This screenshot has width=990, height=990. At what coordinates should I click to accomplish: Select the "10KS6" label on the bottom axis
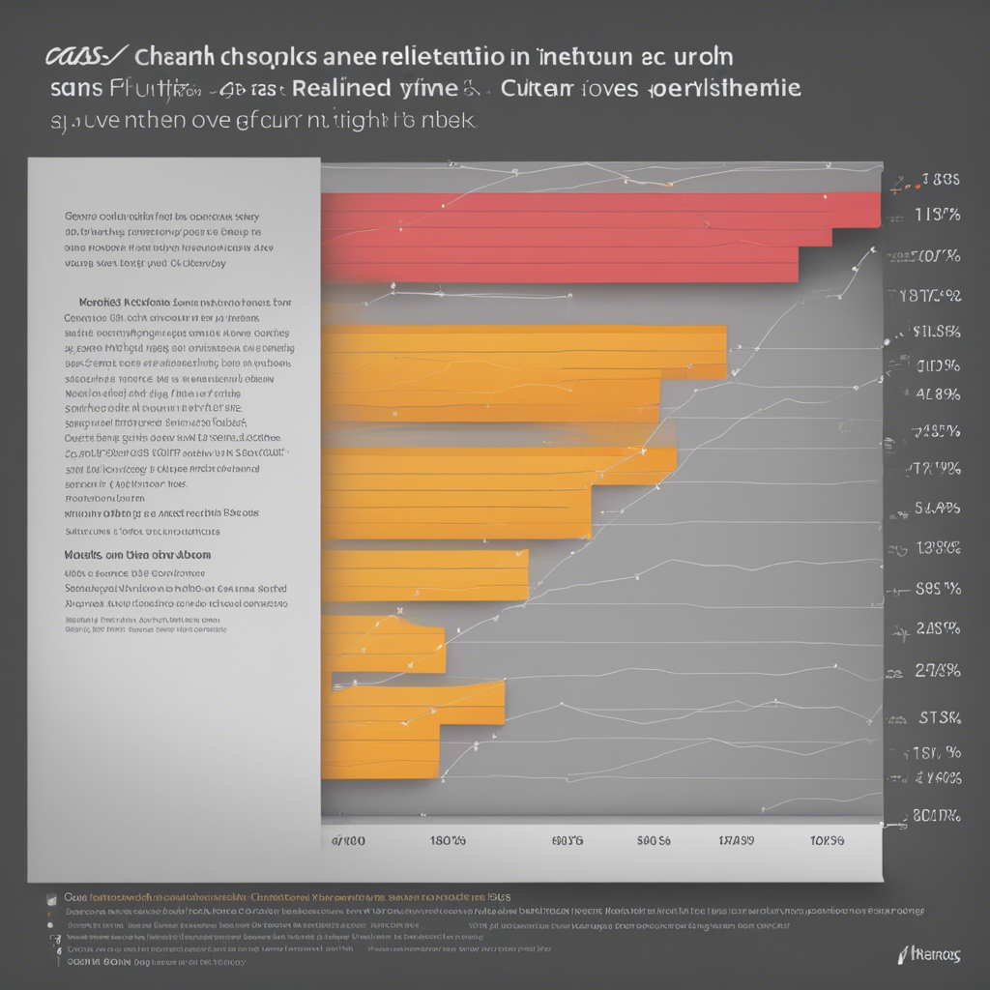(827, 841)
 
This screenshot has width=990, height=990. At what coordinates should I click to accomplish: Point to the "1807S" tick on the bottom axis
(448, 841)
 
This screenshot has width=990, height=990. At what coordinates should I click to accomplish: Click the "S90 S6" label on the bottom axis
(654, 841)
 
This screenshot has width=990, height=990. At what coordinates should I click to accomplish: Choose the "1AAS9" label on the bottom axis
(737, 841)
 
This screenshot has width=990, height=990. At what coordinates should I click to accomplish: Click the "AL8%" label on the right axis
(937, 393)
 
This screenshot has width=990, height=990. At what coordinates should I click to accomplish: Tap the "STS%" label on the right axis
(939, 717)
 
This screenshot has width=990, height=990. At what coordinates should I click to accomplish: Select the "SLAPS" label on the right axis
(937, 508)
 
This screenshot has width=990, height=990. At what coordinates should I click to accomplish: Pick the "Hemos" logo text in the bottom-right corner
(930, 955)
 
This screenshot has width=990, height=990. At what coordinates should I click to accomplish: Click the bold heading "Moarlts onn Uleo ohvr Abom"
(137, 556)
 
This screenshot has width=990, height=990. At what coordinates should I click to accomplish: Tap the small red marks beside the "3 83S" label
(901, 181)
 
